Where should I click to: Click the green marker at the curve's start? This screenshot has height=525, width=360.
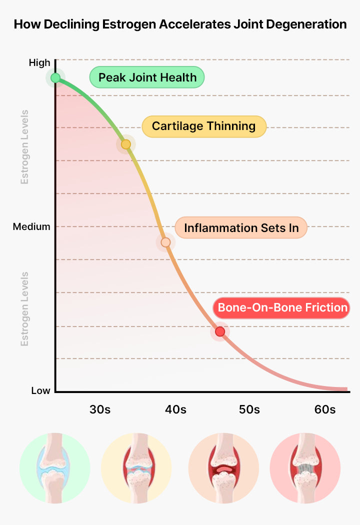55,78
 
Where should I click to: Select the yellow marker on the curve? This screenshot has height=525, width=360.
126,144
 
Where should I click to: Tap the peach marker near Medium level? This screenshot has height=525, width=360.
166,242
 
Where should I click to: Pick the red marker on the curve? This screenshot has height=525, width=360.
220,331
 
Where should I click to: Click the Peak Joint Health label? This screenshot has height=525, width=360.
147,77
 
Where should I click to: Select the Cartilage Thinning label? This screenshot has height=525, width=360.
204,126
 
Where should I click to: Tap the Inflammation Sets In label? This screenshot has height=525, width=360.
241,227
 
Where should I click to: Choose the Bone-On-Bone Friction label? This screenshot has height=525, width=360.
281,307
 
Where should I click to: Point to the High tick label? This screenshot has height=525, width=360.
39,62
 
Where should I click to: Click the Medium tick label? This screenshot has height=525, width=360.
31,226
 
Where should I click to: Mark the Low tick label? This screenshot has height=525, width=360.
40,390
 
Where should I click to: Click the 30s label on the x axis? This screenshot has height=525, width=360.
100,409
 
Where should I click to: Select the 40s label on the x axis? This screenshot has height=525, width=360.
175,409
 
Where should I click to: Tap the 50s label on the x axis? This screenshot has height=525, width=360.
249,409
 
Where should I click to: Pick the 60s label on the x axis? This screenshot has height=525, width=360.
325,409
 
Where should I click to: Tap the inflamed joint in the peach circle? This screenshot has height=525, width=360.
223,468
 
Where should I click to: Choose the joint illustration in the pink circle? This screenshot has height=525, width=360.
305,468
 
